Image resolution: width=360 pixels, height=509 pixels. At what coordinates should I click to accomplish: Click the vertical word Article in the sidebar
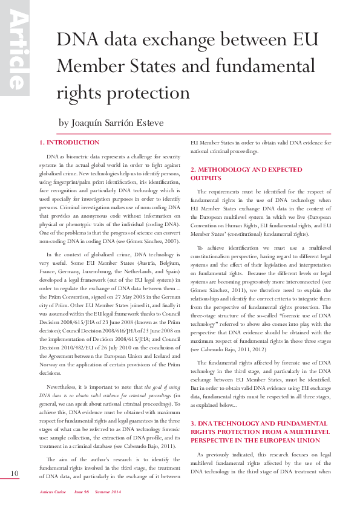click(x=15, y=51)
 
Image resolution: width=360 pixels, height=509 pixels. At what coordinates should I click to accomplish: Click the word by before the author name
click(x=64, y=123)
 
